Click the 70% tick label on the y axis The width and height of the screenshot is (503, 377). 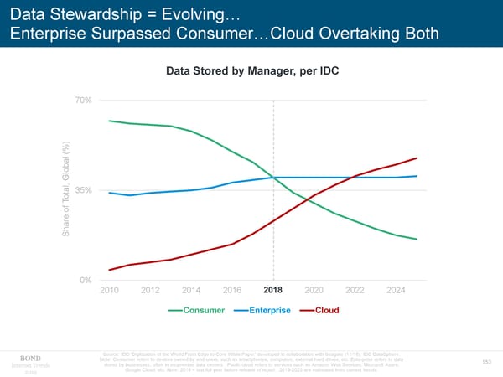[x=83, y=101]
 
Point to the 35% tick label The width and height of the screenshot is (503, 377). [x=83, y=190]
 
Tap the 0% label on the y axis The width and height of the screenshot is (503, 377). [x=86, y=280]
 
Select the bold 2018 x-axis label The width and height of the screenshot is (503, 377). [x=274, y=291]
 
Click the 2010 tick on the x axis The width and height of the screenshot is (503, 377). [x=110, y=291]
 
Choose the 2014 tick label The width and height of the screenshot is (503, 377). [x=191, y=291]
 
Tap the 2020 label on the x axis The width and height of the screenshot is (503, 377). [x=314, y=291]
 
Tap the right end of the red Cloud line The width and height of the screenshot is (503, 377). [x=417, y=158]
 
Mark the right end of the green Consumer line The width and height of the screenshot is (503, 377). [x=417, y=240]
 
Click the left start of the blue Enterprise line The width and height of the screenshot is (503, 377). [x=110, y=193]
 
